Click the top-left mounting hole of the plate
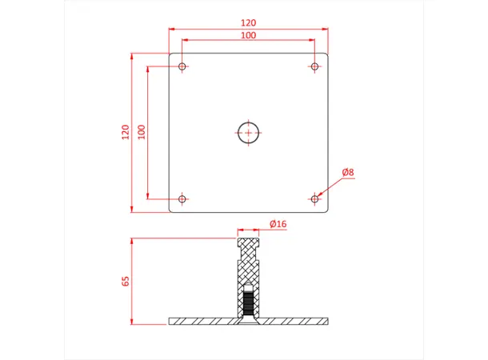pos(182,66)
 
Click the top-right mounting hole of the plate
pos(314,66)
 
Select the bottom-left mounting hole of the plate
pos(182,198)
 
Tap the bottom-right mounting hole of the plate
pos(314,198)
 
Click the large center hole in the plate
pos(249,133)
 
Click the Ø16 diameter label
pos(278,225)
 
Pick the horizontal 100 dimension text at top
pos(249,36)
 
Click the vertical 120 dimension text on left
pos(125,133)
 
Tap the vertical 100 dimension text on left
pos(142,133)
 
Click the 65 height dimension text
pos(125,281)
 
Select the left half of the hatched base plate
pos(202,322)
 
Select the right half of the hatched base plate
pos(295,322)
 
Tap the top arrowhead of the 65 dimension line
pos(132,241)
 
